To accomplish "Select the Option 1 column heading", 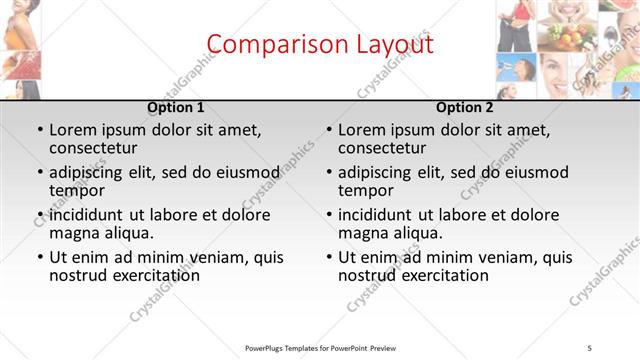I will (x=176, y=107).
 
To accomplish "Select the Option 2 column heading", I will (x=465, y=107).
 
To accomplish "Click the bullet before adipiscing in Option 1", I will (x=41, y=172).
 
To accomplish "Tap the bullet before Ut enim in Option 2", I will (x=330, y=257).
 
